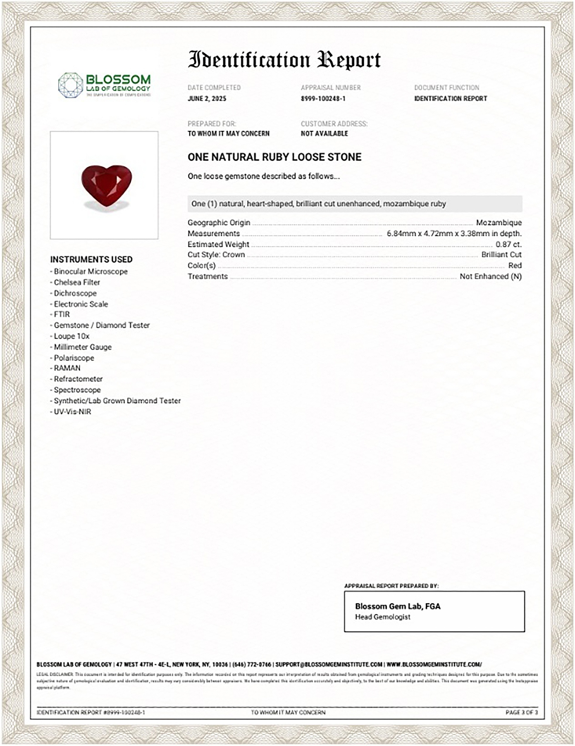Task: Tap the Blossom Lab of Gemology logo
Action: click(104, 85)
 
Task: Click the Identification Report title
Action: click(284, 60)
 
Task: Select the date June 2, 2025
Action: click(207, 99)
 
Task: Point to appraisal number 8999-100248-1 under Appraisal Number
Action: click(323, 99)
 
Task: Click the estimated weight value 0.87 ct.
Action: click(508, 244)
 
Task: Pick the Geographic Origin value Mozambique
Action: click(499, 223)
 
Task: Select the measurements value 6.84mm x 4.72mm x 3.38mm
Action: click(454, 234)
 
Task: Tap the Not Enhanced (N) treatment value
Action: click(491, 276)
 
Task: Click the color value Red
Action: click(515, 265)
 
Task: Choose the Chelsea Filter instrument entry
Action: click(77, 282)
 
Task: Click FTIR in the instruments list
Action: click(62, 314)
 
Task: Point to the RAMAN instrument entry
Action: click(67, 368)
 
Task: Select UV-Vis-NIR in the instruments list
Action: click(72, 412)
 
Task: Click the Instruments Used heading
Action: click(91, 259)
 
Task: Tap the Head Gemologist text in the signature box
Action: click(382, 617)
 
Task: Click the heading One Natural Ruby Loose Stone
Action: click(274, 157)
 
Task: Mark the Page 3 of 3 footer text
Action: click(521, 712)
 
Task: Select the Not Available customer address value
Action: click(324, 133)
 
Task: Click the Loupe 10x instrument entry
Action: click(71, 336)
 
